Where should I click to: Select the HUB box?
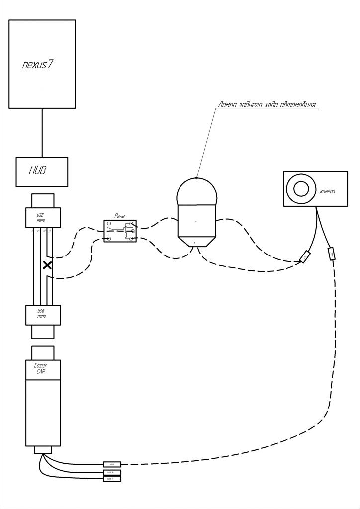tap(42, 171)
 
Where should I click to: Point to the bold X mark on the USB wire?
tap(47, 265)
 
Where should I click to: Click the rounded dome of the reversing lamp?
tap(197, 191)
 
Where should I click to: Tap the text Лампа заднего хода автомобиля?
tap(268, 105)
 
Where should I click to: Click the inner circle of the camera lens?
tap(301, 189)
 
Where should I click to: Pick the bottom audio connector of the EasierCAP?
tap(112, 478)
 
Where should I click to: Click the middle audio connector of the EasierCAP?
tap(112, 471)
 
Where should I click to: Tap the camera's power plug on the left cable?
tap(305, 256)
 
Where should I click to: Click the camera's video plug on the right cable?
tap(331, 254)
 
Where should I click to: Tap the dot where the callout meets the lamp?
tap(197, 177)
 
